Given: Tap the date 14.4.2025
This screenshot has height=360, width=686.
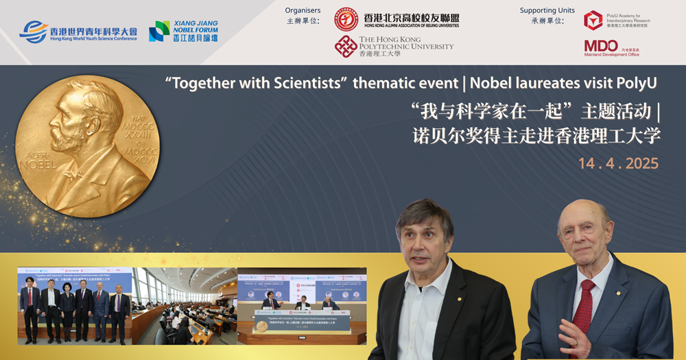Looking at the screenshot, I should pos(618,164).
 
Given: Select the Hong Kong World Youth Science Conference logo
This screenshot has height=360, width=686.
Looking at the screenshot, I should pos(78,32).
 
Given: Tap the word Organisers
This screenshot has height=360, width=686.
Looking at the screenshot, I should pos(303,10).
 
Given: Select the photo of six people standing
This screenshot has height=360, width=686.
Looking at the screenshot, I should pos(75,306).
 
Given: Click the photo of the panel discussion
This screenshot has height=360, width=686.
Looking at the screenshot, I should pos(302,306).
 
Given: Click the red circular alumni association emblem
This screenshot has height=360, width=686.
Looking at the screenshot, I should pos(346,19).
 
